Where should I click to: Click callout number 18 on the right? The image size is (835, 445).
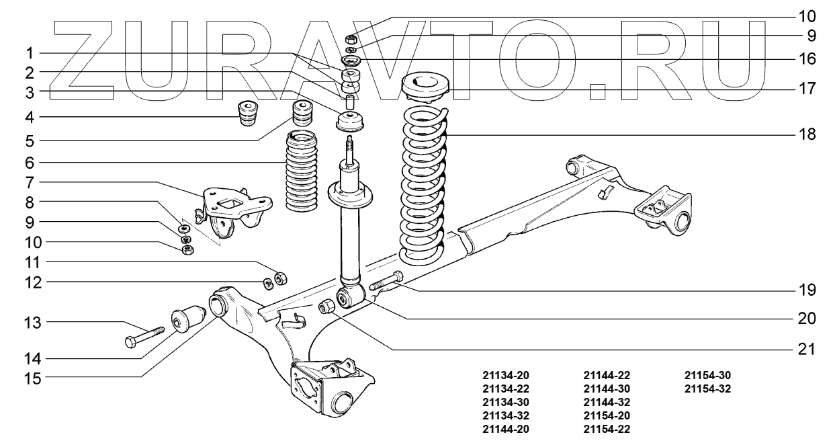(807, 134)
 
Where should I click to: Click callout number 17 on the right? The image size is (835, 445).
(807, 88)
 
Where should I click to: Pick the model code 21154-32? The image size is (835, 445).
(708, 389)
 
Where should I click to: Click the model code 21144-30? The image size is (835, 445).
(607, 389)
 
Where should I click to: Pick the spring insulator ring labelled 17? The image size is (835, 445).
(426, 89)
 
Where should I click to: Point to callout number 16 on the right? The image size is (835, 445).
(807, 58)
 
